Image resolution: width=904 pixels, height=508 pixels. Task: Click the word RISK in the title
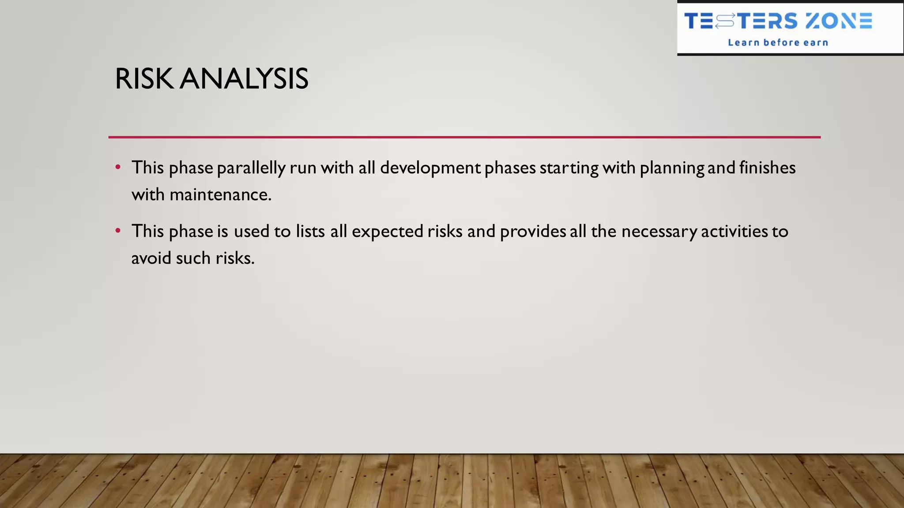pos(144,79)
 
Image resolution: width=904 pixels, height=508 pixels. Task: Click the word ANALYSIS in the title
pos(244,79)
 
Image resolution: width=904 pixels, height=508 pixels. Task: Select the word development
pos(430,168)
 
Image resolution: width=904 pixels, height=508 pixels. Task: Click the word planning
pos(672,168)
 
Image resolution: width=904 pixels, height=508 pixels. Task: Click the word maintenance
pos(220,195)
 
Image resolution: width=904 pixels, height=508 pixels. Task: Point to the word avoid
pos(151,258)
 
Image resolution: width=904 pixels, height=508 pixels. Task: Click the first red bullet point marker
pos(118,168)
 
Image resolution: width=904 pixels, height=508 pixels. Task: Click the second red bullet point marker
pos(118,231)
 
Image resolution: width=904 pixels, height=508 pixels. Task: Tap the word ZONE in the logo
pos(838,21)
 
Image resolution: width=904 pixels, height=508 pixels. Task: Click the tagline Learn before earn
pos(778,43)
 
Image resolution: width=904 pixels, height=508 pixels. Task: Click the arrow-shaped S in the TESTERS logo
pos(725,21)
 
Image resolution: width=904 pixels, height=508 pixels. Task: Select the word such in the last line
pos(193,258)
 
